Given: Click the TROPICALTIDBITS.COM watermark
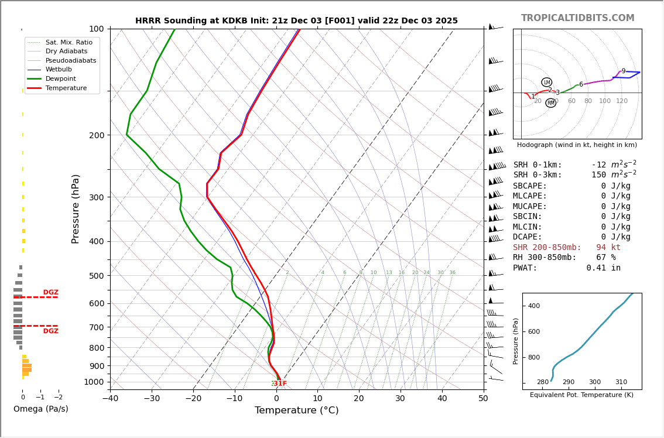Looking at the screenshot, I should [x=577, y=18].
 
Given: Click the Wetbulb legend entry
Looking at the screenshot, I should [x=58, y=70].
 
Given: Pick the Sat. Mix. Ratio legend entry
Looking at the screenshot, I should [x=69, y=43].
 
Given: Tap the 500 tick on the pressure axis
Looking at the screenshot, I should [x=96, y=276].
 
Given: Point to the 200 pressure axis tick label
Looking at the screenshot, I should [x=96, y=135].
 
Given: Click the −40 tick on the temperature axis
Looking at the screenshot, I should [x=110, y=399].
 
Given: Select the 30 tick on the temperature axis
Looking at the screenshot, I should [x=400, y=399].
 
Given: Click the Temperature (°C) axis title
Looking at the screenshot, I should [x=296, y=410].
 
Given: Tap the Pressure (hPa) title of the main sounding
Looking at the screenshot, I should [x=76, y=208].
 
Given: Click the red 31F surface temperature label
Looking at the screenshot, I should [x=280, y=384].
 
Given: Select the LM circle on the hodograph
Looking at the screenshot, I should [x=546, y=83].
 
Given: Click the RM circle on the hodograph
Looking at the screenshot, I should [x=550, y=103].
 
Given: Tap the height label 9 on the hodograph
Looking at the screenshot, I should [x=623, y=71].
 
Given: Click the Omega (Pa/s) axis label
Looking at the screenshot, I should [x=40, y=409].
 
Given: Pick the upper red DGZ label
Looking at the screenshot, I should [x=50, y=292].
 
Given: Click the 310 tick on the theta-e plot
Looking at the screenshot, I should [x=621, y=382].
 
